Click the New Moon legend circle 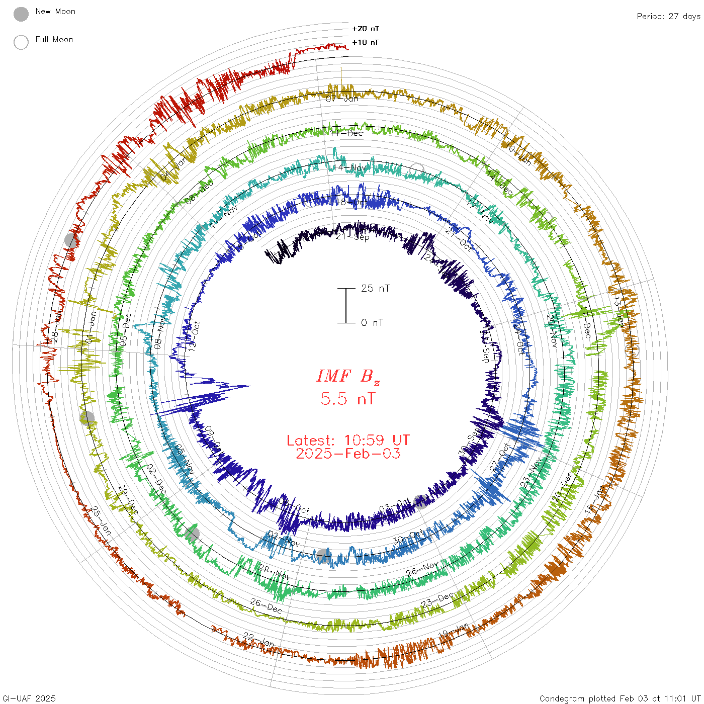(21, 15)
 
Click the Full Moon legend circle (21, 42)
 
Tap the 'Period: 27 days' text (668, 17)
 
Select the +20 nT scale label (366, 29)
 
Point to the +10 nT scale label (366, 42)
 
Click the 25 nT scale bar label (375, 288)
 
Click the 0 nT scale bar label (372, 322)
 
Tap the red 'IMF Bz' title (348, 377)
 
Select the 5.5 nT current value (348, 399)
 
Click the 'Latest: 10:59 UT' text (348, 441)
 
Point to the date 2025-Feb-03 (348, 454)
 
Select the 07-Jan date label (342, 99)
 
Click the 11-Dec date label (347, 133)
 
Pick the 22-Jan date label (258, 640)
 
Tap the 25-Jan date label (101, 520)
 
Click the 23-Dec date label (437, 600)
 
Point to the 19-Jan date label (454, 631)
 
